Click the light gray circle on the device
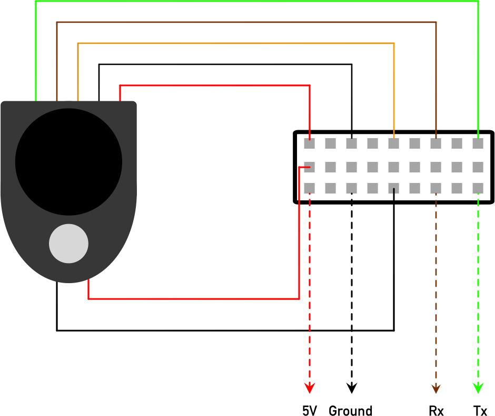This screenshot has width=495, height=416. coord(68,244)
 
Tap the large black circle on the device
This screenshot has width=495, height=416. coord(68,162)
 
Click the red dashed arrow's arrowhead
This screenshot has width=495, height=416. coord(310,389)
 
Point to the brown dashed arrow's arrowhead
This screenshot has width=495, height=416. coord(436,389)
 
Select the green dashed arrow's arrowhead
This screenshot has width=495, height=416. coord(478,389)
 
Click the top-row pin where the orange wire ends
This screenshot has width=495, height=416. coord(394,143)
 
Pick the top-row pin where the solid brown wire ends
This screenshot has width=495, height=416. coord(436,143)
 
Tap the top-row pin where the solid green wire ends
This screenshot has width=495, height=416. coord(478,143)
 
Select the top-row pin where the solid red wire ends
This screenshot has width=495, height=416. coord(310,143)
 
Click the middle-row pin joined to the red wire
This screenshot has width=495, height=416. coord(310,167)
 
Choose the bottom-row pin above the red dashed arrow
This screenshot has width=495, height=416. coord(310,188)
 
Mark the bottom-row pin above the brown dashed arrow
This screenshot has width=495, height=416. coord(436,188)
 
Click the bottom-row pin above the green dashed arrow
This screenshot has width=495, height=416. coord(478,188)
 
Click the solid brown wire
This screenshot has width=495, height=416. coord(247,22)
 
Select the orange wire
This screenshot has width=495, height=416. coord(237,43)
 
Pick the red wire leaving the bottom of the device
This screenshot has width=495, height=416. coord(195,299)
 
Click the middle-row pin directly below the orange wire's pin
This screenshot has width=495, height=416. coord(394,167)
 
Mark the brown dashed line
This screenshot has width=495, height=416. coord(436,290)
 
